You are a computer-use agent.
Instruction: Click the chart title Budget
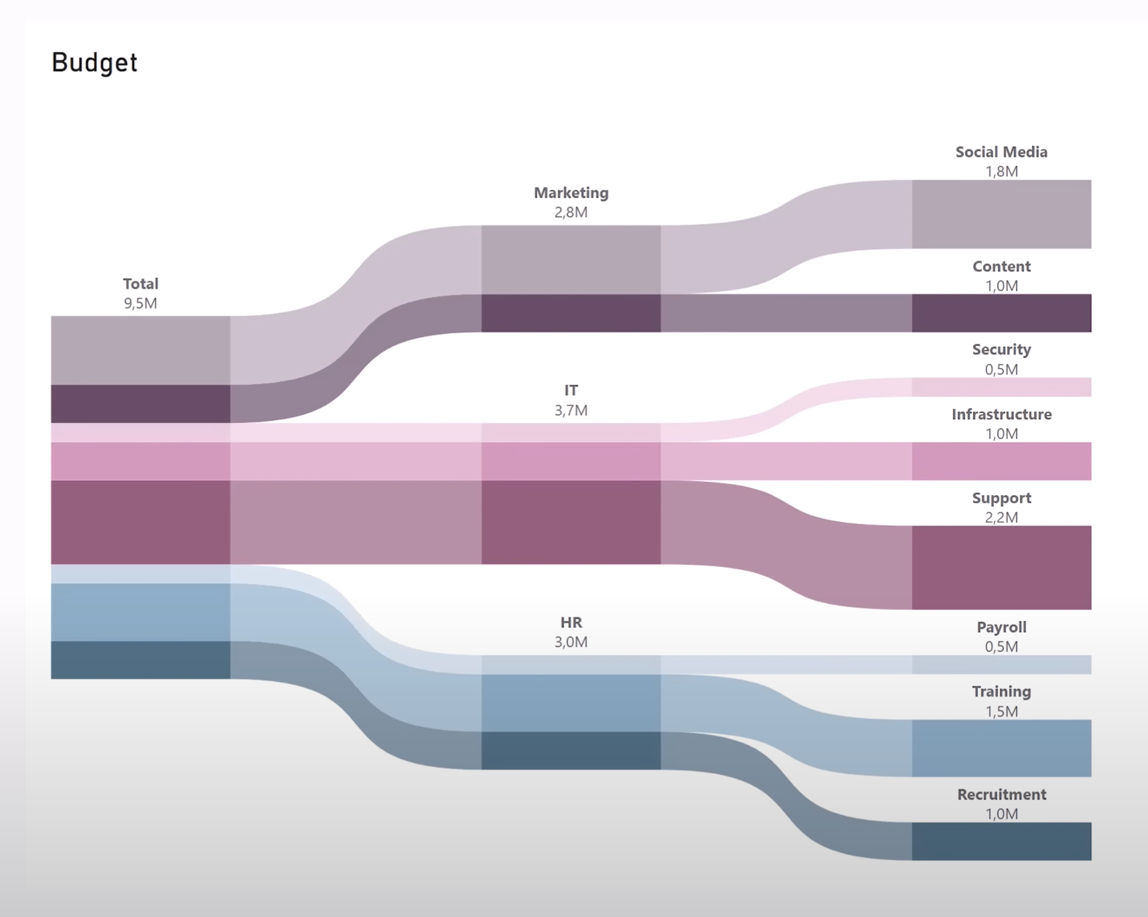(x=94, y=63)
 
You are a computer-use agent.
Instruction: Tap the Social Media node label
(x=1001, y=152)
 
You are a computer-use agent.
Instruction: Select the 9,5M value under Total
(x=141, y=303)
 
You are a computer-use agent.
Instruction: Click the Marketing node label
(x=571, y=193)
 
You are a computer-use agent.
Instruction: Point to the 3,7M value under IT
(x=571, y=410)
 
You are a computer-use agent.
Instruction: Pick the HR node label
(x=571, y=622)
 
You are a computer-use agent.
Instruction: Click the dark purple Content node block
(x=1001, y=313)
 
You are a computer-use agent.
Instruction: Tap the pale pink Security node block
(x=1001, y=387)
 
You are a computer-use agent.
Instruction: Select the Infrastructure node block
(x=1001, y=461)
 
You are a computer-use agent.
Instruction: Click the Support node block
(x=1001, y=567)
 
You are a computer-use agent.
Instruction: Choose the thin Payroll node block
(x=1001, y=664)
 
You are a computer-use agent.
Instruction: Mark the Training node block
(x=1001, y=748)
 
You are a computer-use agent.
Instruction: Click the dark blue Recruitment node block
(x=1001, y=841)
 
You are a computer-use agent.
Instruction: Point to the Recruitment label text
(x=1001, y=795)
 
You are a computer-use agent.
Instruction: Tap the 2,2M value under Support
(x=1001, y=517)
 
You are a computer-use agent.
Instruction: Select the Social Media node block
(x=1001, y=214)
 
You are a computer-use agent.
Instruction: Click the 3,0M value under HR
(x=571, y=642)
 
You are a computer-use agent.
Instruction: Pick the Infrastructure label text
(x=1001, y=414)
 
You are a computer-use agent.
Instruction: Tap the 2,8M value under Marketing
(x=571, y=212)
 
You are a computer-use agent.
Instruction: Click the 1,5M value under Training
(x=1001, y=711)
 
